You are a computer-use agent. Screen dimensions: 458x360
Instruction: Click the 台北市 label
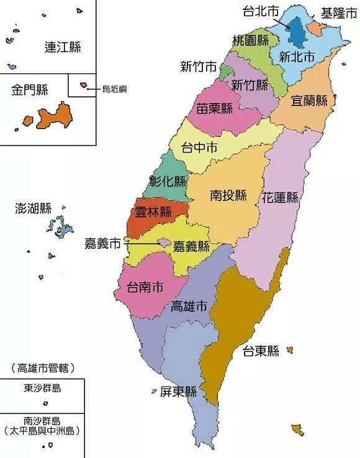coord(261,11)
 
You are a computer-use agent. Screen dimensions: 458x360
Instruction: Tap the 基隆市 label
coord(338,12)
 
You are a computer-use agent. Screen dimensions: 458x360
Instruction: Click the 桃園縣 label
coord(251,40)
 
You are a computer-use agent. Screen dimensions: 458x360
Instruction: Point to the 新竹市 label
coord(199,66)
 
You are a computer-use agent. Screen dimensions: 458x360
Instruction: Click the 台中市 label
coord(199,148)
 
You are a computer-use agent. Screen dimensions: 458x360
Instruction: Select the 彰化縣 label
coord(168,182)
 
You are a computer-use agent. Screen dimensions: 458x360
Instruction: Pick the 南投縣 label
coord(228,196)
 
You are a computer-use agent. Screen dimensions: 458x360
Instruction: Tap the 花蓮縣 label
coord(280,198)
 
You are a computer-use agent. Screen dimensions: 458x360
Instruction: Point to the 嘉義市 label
coord(102,243)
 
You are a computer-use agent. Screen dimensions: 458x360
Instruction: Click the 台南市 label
coord(145,287)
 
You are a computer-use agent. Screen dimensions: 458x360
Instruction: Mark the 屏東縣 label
coord(178,392)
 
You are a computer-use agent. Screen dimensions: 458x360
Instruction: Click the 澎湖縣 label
coord(34,209)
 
